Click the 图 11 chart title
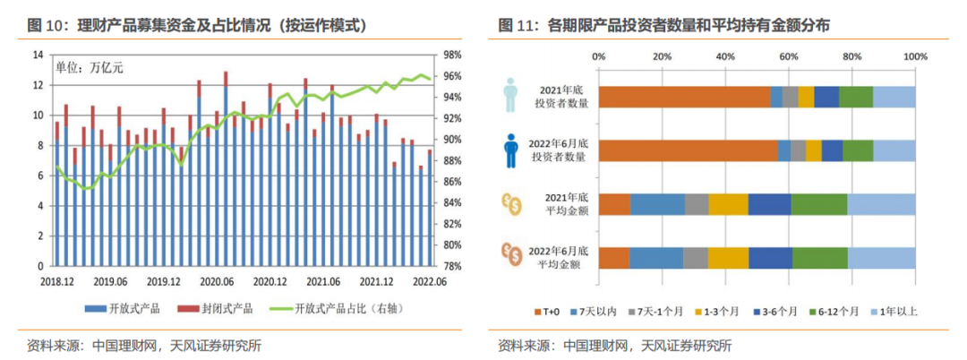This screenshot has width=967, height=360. pos(663,25)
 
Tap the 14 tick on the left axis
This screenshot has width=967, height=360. pos(38,56)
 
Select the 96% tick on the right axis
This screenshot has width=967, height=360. pos(452,76)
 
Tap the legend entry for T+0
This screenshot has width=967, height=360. pos(547,312)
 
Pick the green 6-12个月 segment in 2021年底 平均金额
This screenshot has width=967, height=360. pos(818,204)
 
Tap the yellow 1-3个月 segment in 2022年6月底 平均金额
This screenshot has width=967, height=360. pos(728,258)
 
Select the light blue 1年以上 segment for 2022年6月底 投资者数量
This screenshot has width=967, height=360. pos(894,150)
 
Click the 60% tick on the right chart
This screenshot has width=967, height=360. pos(788,58)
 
